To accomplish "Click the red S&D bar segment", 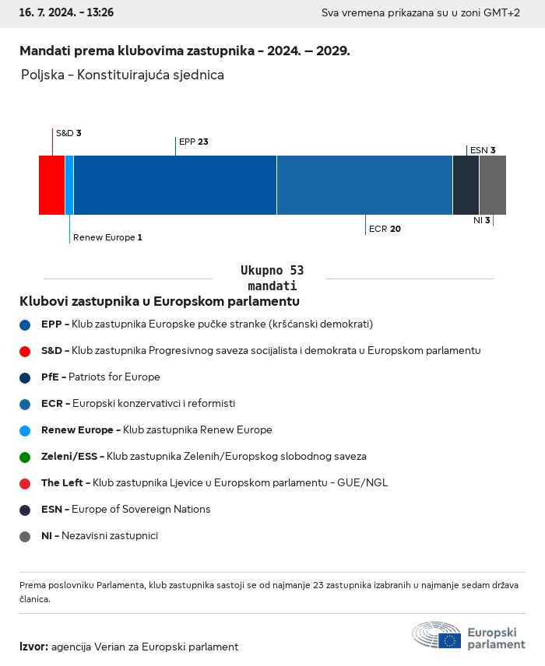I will click(51, 185).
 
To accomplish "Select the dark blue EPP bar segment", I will click(174, 185).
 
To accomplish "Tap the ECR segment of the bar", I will click(364, 185).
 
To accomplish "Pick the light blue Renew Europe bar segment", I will click(69, 185).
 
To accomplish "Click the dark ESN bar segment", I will click(466, 185).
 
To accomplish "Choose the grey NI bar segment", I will click(493, 185).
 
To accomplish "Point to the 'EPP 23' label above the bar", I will click(194, 142).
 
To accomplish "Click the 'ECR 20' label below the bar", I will click(385, 229).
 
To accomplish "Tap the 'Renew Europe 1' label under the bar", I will click(107, 237).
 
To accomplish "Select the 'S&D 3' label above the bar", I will click(69, 133).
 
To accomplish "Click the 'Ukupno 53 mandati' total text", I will click(272, 278).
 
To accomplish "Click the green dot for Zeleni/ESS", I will click(25, 457).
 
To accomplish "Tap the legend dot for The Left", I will click(25, 483).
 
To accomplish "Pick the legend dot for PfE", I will click(25, 377).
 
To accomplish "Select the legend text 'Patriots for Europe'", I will click(114, 377).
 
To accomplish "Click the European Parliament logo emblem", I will click(437, 635).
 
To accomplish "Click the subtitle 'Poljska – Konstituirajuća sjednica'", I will click(123, 75).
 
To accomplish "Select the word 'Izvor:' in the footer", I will click(33, 647).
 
